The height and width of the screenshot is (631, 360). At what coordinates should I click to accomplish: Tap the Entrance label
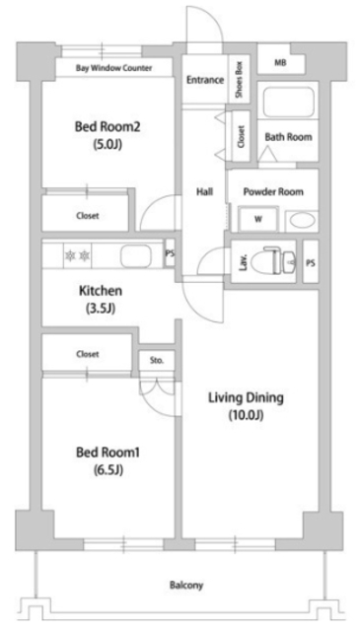205,80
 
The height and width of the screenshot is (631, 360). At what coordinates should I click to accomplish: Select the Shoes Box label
238,78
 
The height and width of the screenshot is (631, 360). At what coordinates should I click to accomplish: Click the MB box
281,64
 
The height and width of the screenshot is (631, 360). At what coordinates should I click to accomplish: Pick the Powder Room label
275,191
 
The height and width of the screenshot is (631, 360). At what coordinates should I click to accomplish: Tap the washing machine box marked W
258,219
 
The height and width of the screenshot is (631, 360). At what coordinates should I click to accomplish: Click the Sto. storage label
156,361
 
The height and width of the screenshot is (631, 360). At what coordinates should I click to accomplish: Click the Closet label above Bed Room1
88,352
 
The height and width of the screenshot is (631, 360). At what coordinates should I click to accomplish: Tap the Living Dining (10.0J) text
246,406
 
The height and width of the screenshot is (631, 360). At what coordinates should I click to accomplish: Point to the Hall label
204,192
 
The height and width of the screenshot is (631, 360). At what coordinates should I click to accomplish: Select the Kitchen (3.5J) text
100,299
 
